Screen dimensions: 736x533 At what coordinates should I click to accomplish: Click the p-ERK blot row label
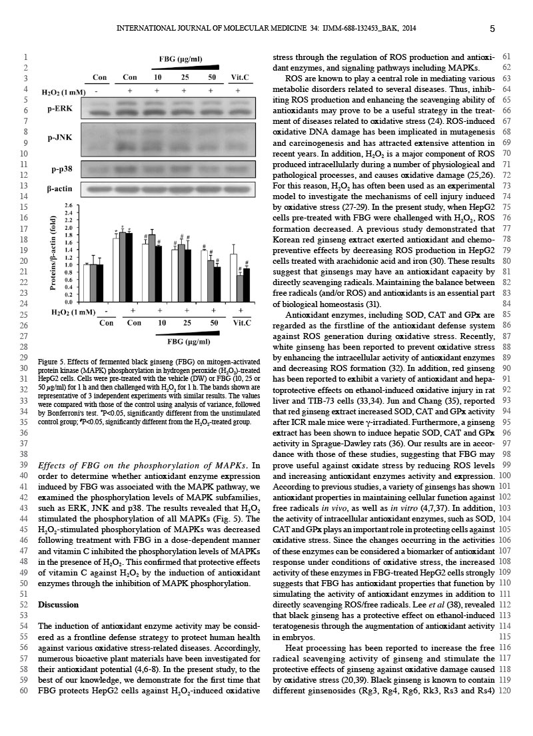click(x=60, y=108)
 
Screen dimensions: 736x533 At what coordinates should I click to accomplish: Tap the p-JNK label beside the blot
click(x=60, y=139)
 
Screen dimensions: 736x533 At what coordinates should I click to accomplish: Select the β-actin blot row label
click(x=59, y=190)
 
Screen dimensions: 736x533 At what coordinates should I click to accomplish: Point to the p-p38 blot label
click(x=61, y=169)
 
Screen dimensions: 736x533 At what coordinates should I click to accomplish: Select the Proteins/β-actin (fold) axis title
click(x=53, y=253)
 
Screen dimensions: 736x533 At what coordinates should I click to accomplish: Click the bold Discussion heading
click(x=58, y=605)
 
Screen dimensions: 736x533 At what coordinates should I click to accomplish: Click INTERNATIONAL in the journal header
click(x=144, y=29)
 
